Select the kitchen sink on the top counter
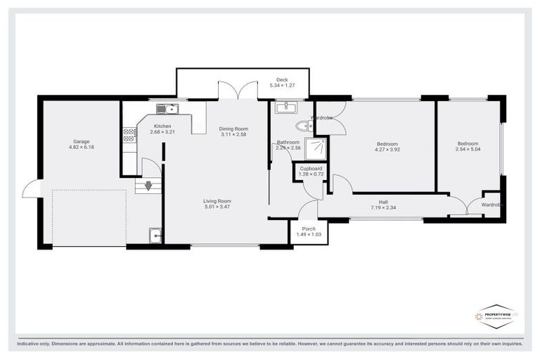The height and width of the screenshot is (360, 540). point(167,108)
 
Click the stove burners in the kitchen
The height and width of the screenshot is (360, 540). point(129,134)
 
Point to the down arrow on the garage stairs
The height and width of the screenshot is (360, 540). point(148,186)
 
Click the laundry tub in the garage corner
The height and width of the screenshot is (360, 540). point(155,237)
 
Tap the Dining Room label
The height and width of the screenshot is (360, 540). point(233,129)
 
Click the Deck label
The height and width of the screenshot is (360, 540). point(282,79)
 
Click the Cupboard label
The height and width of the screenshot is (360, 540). point(311,169)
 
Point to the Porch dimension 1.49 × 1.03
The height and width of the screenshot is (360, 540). point(309,235)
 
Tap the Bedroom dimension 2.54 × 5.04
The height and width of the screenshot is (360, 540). point(468,149)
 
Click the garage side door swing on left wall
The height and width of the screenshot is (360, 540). point(30,188)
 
